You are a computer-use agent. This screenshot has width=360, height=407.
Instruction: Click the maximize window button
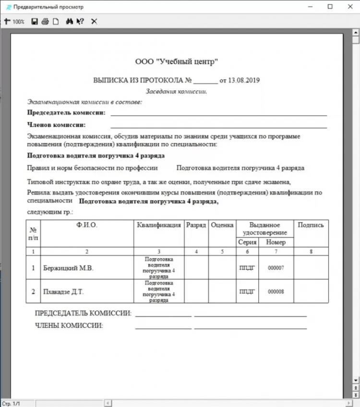click(x=330, y=7)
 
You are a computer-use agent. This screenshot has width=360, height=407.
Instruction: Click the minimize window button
click(x=309, y=7)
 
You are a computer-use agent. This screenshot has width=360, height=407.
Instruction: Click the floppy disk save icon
click(x=35, y=22)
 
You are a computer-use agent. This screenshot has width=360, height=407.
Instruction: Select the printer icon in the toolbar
click(x=45, y=22)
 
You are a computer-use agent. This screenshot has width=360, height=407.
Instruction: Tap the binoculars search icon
click(x=69, y=22)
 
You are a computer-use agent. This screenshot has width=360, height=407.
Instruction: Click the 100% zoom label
click(x=18, y=22)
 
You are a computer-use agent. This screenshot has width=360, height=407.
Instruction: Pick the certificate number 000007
click(x=276, y=268)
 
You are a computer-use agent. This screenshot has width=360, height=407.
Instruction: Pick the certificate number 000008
click(x=276, y=291)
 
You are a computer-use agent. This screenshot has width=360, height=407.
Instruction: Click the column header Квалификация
click(x=159, y=225)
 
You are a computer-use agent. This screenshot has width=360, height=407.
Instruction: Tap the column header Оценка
click(x=222, y=225)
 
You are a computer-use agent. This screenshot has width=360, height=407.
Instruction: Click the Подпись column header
click(x=311, y=225)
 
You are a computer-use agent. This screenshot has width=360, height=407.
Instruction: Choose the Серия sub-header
click(x=247, y=242)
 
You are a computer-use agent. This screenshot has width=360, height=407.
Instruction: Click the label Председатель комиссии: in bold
click(x=66, y=113)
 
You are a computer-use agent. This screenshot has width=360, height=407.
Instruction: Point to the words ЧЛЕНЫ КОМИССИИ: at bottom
click(x=69, y=325)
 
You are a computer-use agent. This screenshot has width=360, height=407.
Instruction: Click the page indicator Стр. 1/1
click(x=10, y=403)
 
